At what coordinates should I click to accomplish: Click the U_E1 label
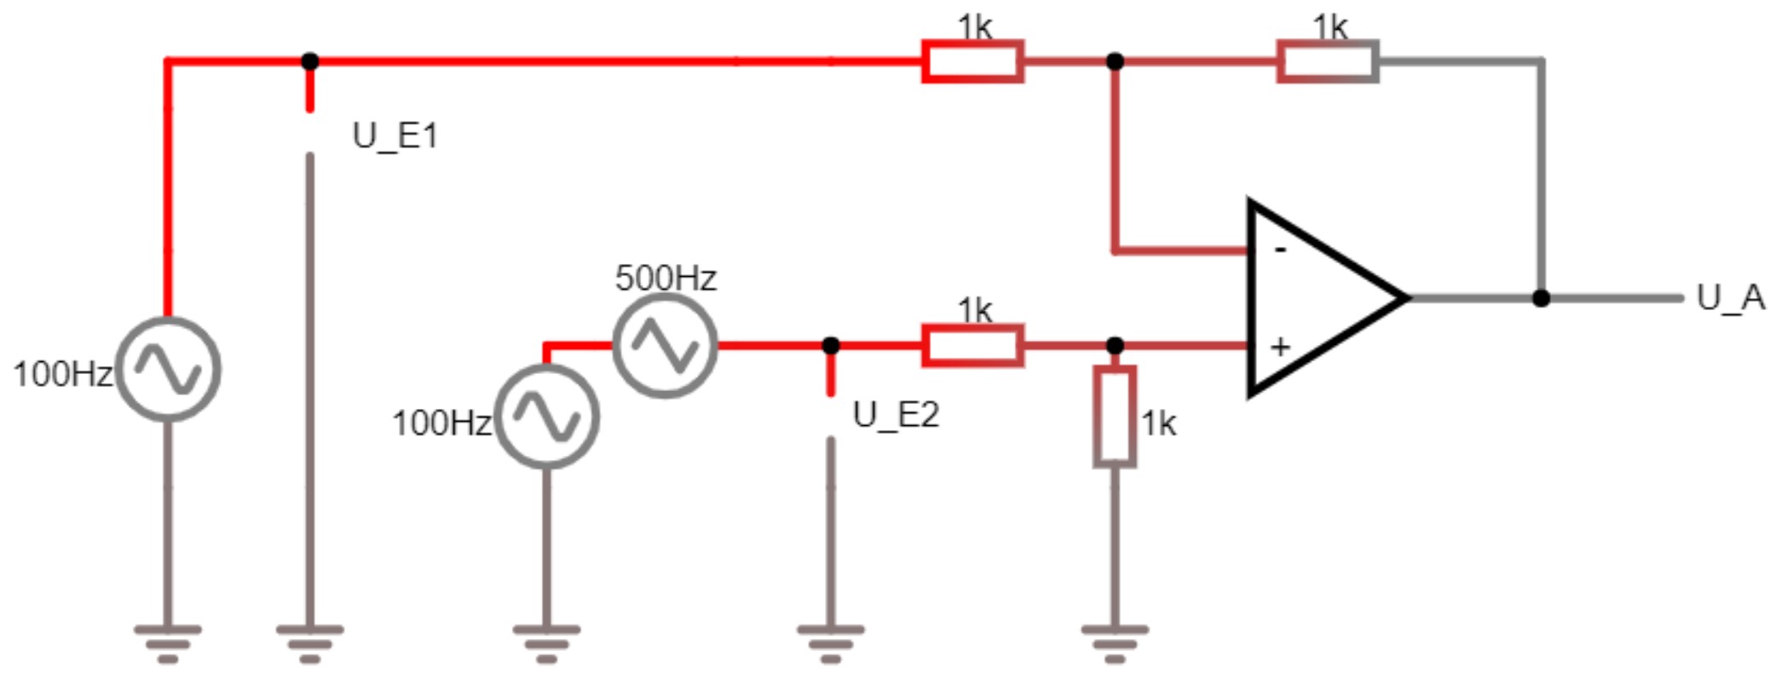[395, 136]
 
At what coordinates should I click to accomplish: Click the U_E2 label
[896, 415]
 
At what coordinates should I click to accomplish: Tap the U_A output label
[1730, 298]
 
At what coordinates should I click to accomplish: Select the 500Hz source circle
[665, 346]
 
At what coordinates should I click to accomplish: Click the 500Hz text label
[666, 278]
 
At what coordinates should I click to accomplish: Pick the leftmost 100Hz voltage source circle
[168, 370]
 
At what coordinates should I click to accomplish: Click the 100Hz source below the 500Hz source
[547, 417]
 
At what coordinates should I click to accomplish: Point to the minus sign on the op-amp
[1280, 250]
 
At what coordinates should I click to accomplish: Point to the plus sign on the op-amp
[1280, 347]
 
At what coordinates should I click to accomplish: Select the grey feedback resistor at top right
[1327, 61]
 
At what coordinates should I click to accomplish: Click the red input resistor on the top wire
[973, 61]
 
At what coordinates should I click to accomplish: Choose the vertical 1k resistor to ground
[1115, 417]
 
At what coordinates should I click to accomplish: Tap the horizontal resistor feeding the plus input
[973, 346]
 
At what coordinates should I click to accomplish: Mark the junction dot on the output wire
[1541, 298]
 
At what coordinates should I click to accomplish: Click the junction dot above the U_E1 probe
[310, 61]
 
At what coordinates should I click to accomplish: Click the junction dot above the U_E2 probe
[831, 346]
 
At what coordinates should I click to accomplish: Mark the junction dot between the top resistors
[1115, 61]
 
